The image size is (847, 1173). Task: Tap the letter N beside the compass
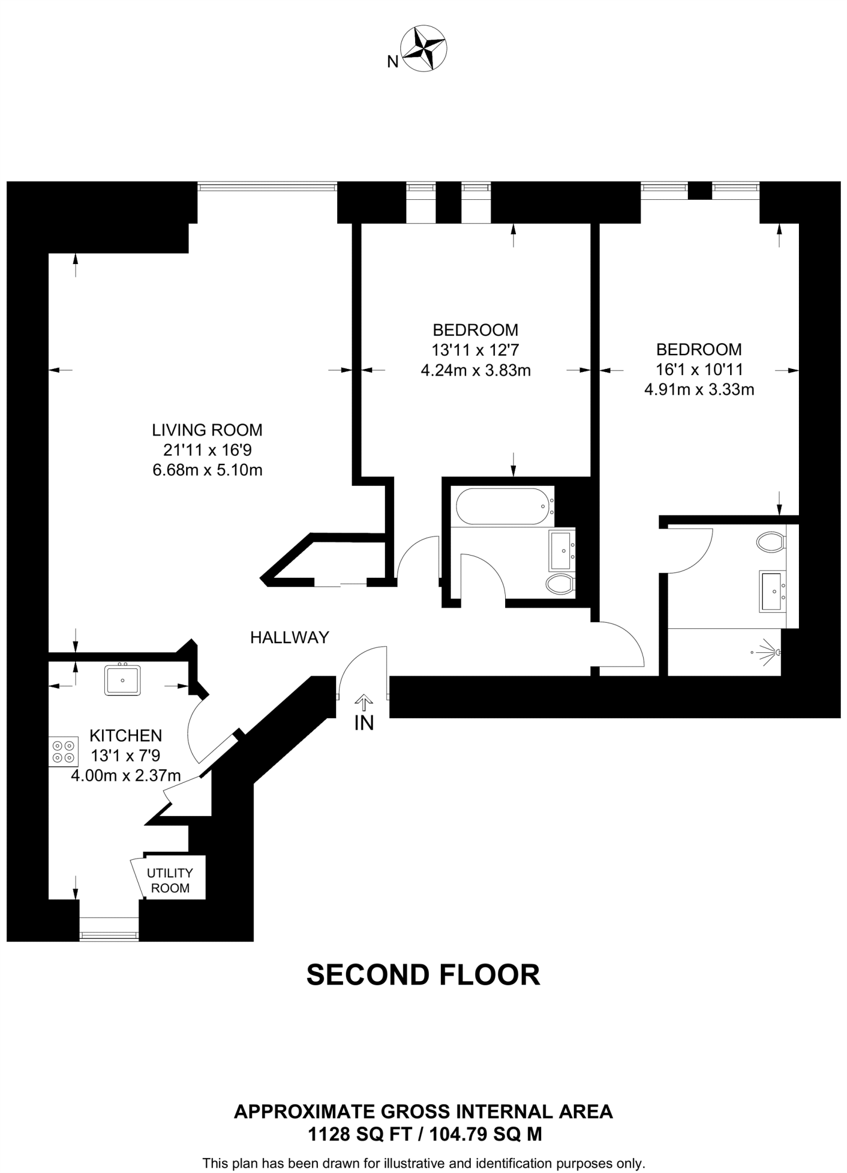click(393, 62)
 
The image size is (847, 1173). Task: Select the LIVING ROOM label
click(207, 430)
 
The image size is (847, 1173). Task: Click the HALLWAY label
click(290, 637)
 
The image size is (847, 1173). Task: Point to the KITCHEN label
click(126, 735)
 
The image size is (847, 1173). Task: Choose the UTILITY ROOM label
click(170, 880)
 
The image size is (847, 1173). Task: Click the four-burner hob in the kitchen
click(64, 751)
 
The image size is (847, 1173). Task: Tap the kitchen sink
click(123, 680)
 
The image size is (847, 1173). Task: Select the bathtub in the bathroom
click(503, 506)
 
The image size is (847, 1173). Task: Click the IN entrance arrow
click(364, 700)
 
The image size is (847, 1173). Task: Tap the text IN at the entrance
click(364, 723)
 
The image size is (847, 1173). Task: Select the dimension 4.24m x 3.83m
click(475, 371)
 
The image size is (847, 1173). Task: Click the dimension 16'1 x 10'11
click(699, 369)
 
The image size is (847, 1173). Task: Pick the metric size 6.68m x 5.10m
click(207, 470)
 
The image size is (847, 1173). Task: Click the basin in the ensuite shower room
click(773, 591)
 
